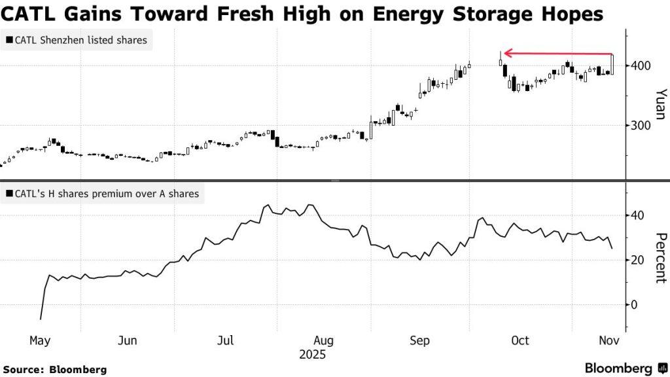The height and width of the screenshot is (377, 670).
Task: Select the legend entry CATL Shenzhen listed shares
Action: pyautogui.click(x=77, y=41)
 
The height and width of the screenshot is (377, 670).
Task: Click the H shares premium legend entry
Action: pyautogui.click(x=102, y=194)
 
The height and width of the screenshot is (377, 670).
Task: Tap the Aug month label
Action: pyautogui.click(x=324, y=341)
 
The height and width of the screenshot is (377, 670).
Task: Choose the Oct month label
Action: pyautogui.click(x=520, y=341)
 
